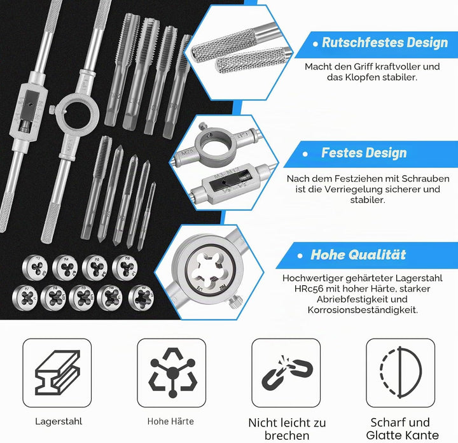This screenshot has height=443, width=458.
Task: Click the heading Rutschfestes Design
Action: [x=385, y=43]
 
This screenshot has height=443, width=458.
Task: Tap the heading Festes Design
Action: [x=364, y=153]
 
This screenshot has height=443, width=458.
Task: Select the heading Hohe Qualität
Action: [x=358, y=255]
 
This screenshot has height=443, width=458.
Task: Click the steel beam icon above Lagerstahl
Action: [x=57, y=372]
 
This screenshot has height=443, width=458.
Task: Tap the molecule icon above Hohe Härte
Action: [x=172, y=372]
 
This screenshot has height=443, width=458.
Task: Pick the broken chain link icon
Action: [x=287, y=372]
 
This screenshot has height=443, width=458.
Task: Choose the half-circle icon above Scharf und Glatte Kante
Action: [x=401, y=372]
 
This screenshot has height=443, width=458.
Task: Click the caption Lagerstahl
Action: [x=59, y=421]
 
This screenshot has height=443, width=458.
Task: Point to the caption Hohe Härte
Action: [x=170, y=421]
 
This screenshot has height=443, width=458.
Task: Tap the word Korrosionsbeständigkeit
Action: [x=363, y=310]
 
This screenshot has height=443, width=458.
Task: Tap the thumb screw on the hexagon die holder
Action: [x=236, y=302]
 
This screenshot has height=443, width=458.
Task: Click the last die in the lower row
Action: [x=141, y=297]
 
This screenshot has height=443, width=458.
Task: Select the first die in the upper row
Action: [x=35, y=268]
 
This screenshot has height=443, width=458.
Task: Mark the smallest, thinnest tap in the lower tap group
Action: [x=147, y=216]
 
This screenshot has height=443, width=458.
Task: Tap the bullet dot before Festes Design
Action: [x=305, y=153]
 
